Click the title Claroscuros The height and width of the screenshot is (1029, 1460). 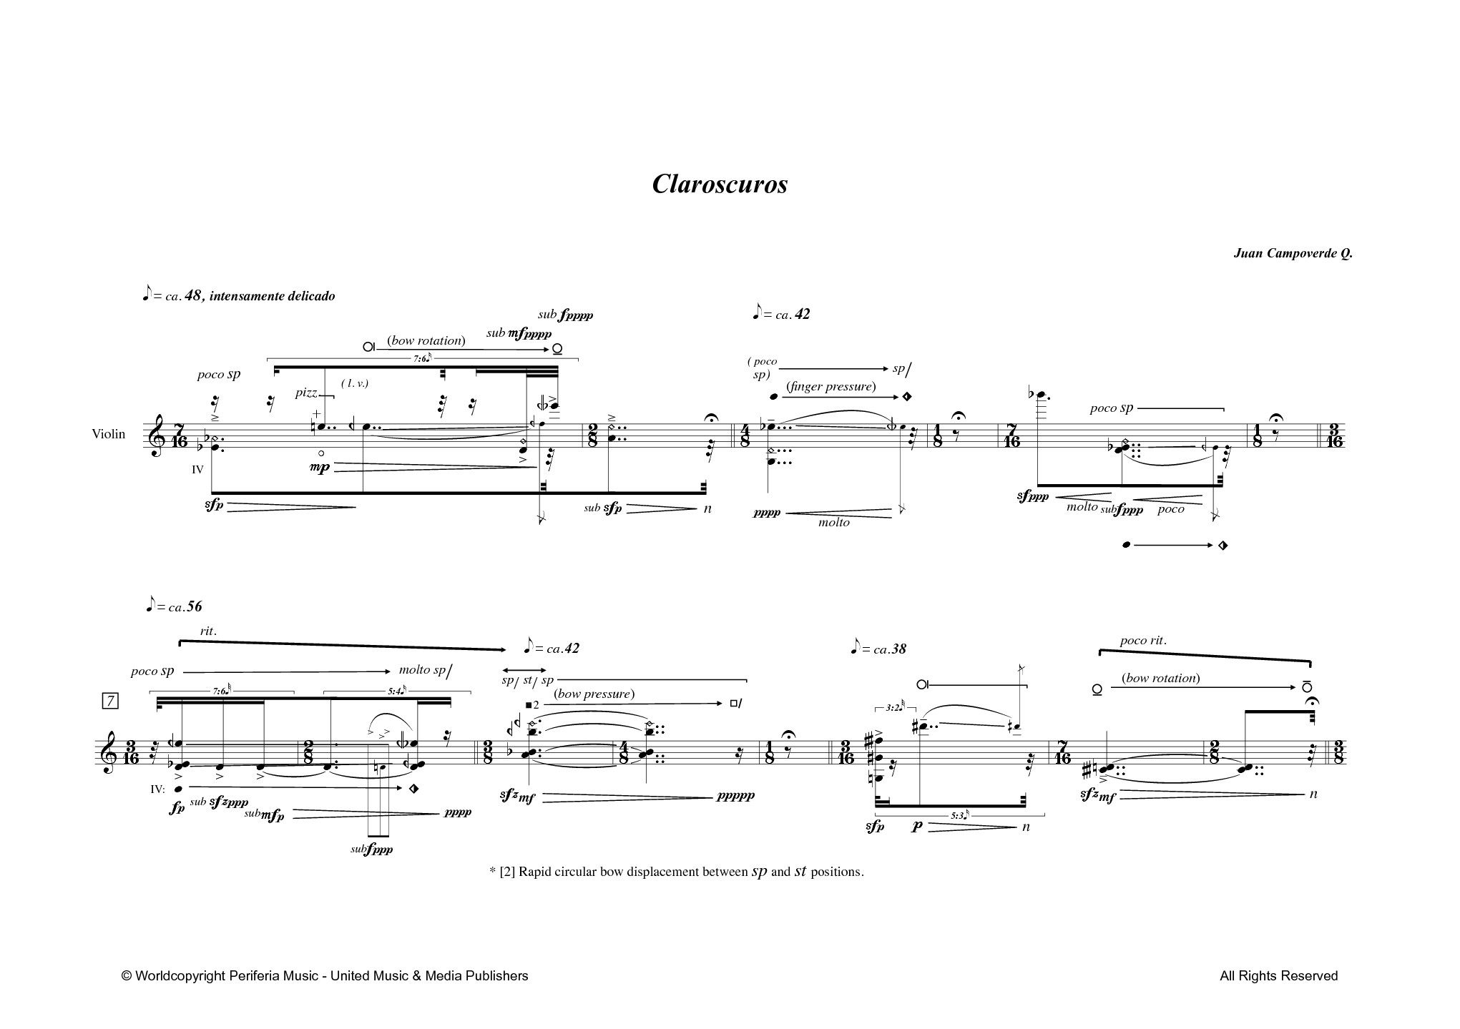[x=720, y=184]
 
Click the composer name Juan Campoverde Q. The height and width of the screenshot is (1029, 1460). [x=1293, y=254]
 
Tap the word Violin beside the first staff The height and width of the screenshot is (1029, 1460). [x=108, y=434]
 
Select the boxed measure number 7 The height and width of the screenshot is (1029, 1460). [x=110, y=701]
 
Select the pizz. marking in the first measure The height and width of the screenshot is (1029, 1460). [x=306, y=393]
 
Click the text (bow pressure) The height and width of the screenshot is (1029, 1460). [x=594, y=694]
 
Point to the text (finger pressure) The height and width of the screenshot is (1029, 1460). [x=831, y=387]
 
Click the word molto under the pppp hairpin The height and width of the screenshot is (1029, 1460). [x=834, y=523]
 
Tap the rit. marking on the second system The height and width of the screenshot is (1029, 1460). [x=208, y=631]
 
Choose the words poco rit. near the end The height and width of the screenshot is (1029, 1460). [x=1143, y=641]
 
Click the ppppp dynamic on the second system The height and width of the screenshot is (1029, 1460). [x=736, y=795]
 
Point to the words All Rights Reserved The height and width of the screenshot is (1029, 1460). [x=1279, y=975]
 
